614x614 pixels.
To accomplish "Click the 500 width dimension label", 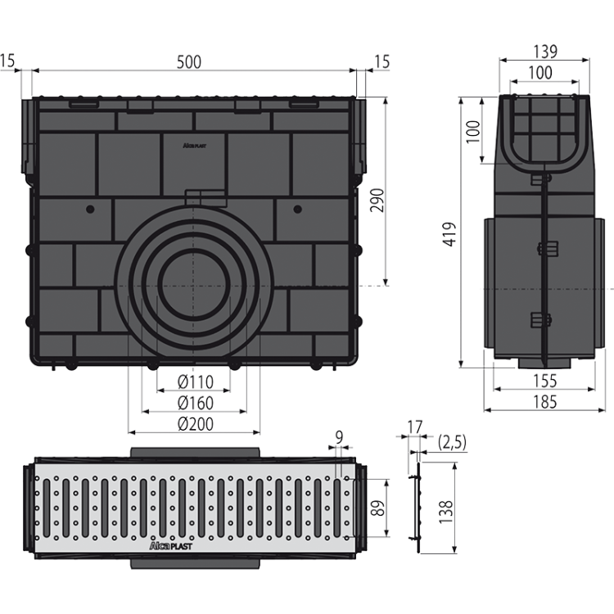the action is [189, 62].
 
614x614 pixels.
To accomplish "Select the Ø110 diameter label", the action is [196, 381].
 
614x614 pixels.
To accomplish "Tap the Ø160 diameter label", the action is [196, 403].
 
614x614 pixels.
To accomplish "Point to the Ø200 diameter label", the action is [196, 424].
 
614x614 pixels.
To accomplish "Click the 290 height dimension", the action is [377, 200].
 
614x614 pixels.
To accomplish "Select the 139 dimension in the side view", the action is [545, 52].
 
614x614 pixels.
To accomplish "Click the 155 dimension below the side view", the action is [544, 381].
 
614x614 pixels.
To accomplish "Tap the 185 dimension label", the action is [544, 402].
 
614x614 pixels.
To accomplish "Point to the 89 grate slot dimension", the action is [378, 508].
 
